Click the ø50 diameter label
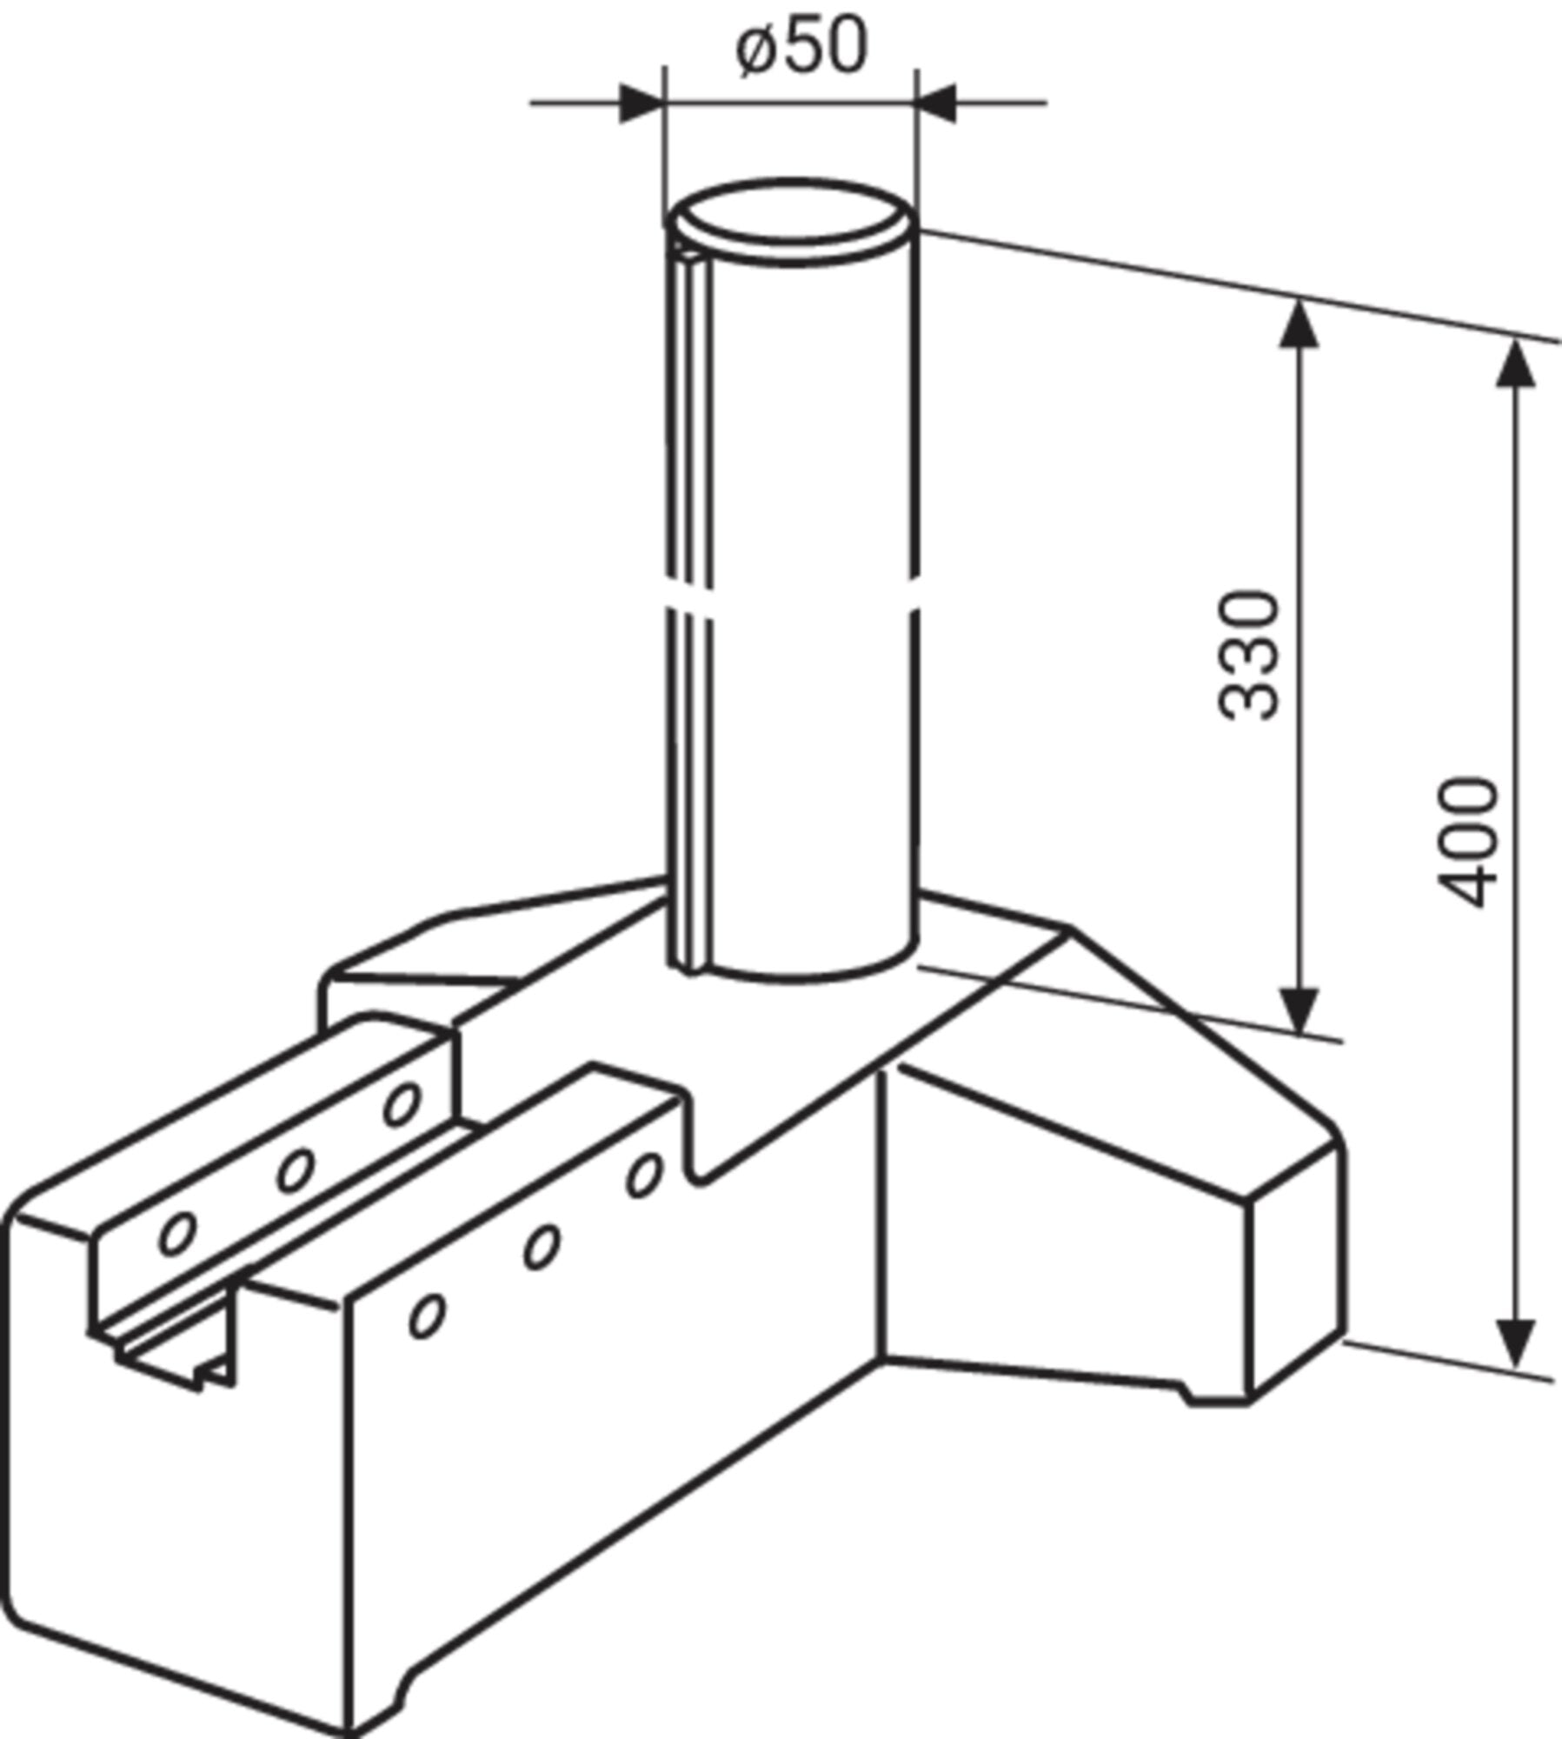tap(801, 47)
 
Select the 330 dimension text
tap(1249, 656)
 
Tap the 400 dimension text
tap(1468, 842)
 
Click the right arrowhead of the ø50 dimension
tap(937, 103)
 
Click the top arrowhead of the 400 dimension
tap(1516, 363)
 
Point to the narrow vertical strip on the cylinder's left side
tap(692, 609)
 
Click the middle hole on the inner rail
tap(295, 1170)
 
